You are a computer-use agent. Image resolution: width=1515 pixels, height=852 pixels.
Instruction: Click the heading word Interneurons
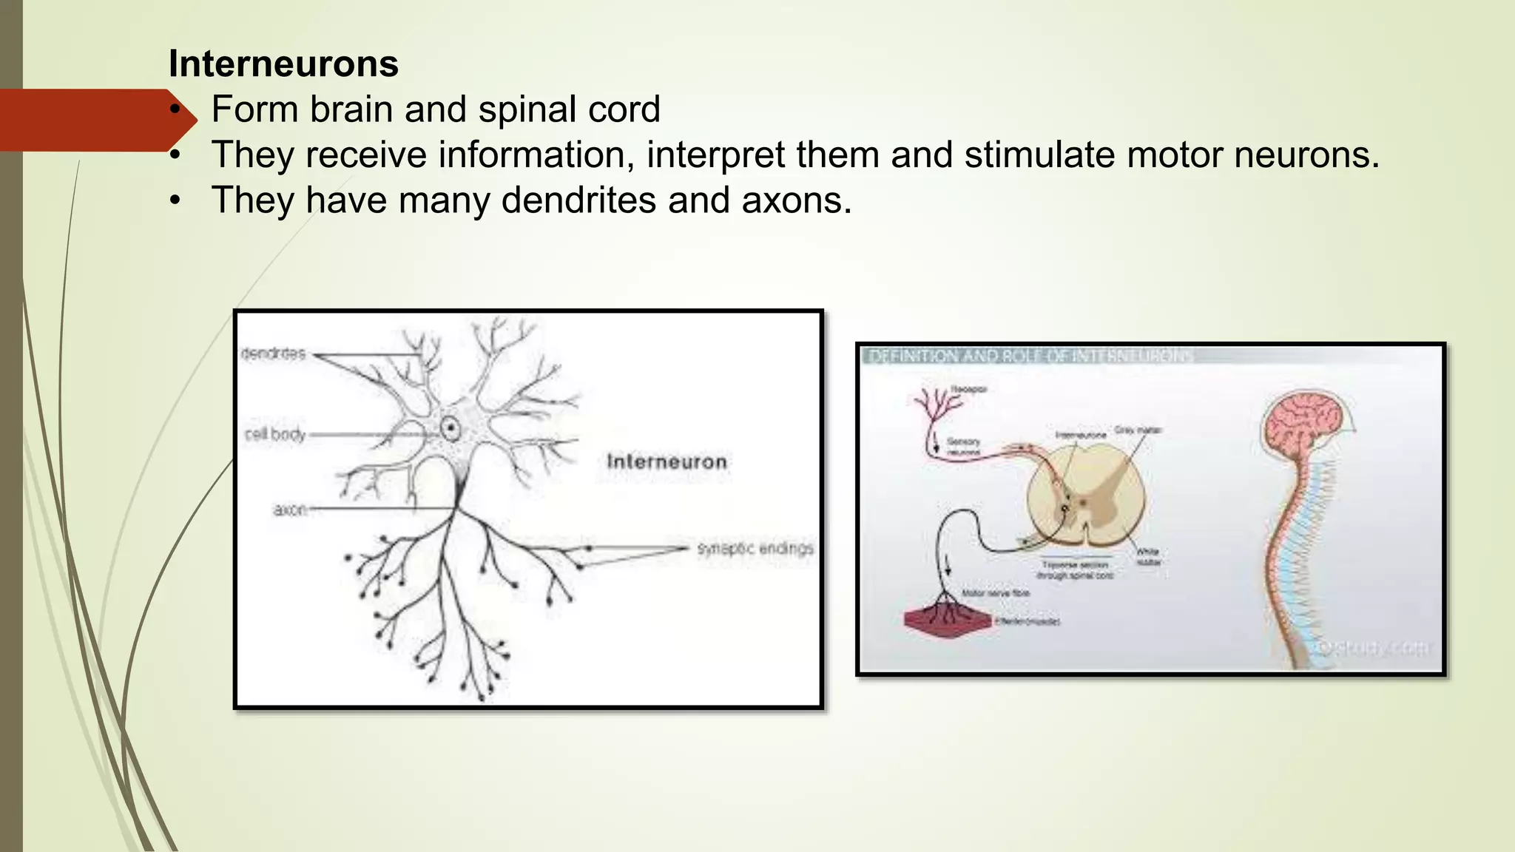283,64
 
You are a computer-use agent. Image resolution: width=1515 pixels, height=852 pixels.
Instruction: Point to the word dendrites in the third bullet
578,200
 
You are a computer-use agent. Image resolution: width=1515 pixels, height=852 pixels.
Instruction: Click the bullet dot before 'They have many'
175,200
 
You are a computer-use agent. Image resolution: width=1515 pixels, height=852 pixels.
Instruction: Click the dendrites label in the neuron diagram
273,354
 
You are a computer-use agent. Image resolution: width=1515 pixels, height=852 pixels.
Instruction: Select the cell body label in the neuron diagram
275,434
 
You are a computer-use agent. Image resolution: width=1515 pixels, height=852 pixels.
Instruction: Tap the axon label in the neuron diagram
289,510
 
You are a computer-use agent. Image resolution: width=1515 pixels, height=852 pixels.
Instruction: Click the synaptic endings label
755,549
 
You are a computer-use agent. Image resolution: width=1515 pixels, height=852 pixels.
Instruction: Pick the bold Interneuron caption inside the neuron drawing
667,461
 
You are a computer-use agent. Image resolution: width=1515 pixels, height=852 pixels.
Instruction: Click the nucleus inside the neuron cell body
450,427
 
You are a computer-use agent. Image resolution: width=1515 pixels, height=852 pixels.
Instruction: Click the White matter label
1148,557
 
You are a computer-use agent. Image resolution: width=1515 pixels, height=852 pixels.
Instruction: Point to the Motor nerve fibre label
995,593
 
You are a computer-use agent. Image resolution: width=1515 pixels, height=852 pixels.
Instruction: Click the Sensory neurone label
963,447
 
